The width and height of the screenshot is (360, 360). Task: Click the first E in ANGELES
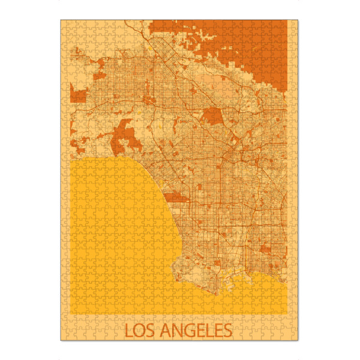(x=195, y=330)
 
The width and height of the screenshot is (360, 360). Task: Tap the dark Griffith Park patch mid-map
(x=212, y=116)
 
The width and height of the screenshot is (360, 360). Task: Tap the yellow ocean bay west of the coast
(x=120, y=234)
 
